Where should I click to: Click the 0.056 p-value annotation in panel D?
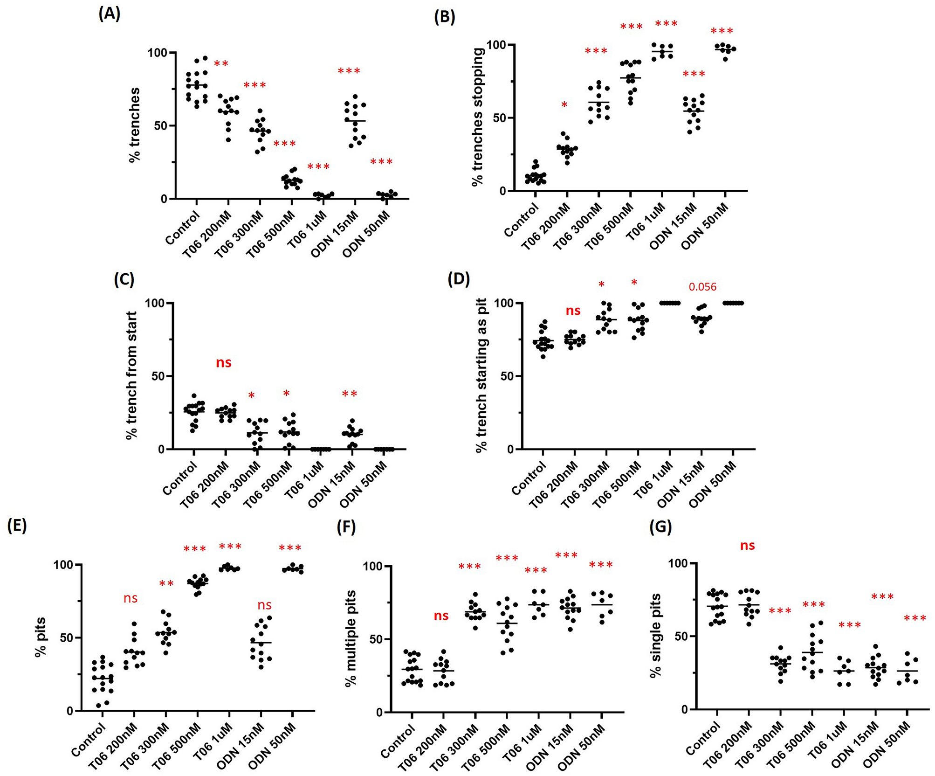pyautogui.click(x=702, y=287)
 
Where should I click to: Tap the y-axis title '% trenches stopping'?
pyautogui.click(x=477, y=117)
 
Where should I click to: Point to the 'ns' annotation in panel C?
pyautogui.click(x=223, y=362)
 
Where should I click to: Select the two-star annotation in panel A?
pyautogui.click(x=221, y=64)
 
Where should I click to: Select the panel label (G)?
pyautogui.click(x=660, y=527)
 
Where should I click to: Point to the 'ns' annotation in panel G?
pyautogui.click(x=747, y=545)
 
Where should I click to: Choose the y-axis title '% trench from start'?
pyautogui.click(x=131, y=375)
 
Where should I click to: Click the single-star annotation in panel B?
pyautogui.click(x=564, y=105)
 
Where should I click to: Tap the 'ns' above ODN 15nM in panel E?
pyautogui.click(x=264, y=605)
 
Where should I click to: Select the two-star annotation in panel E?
pyautogui.click(x=166, y=584)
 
